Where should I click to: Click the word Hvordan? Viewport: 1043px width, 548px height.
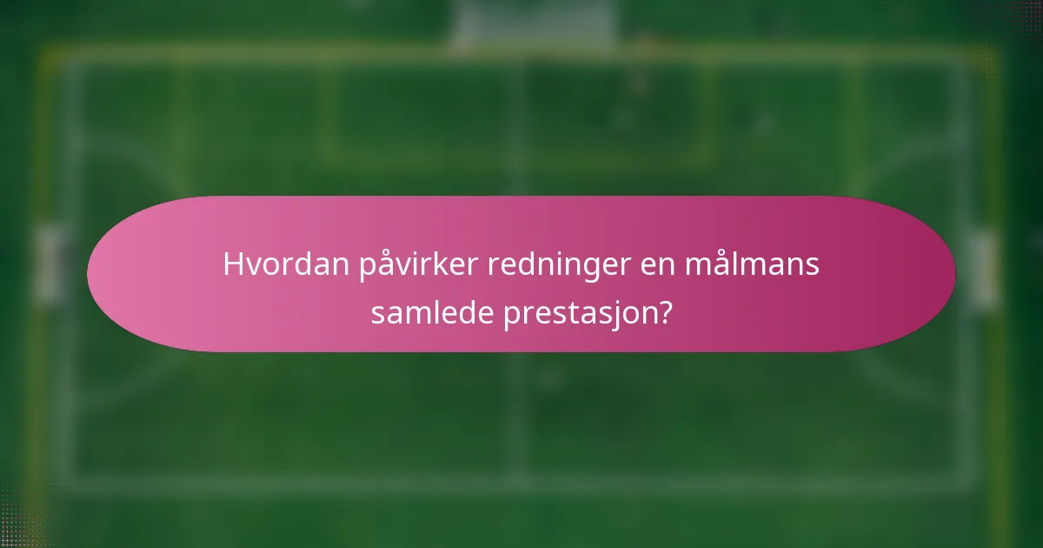[286, 264]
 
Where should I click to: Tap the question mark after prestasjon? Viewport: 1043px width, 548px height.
[665, 312]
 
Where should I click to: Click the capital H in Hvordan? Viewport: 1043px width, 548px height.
[232, 264]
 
